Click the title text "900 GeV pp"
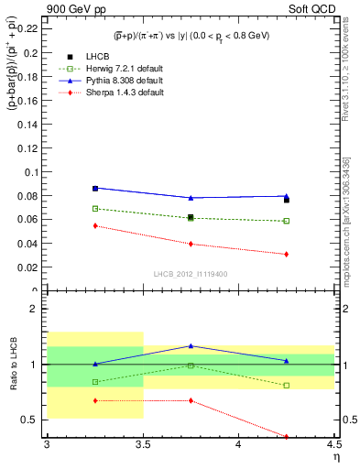(75, 8)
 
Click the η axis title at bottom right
(335, 456)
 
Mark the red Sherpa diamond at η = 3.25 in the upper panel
(94, 225)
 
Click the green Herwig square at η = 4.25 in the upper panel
(287, 221)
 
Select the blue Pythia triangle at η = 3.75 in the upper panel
(191, 198)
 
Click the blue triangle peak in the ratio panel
(191, 345)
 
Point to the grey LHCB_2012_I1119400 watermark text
(191, 273)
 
